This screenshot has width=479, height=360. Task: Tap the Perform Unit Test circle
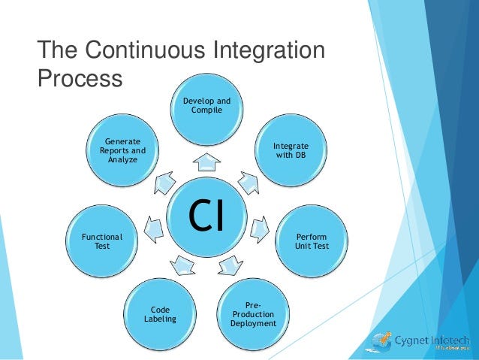coord(311,241)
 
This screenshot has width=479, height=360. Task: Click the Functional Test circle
coord(101,241)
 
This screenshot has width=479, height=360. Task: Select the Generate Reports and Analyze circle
coord(122,150)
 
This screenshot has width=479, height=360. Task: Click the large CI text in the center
coord(206,213)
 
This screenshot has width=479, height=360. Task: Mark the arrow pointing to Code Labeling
coord(182,263)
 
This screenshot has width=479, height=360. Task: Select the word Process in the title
coord(80,79)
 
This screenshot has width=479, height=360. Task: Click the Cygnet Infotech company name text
coord(432,340)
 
